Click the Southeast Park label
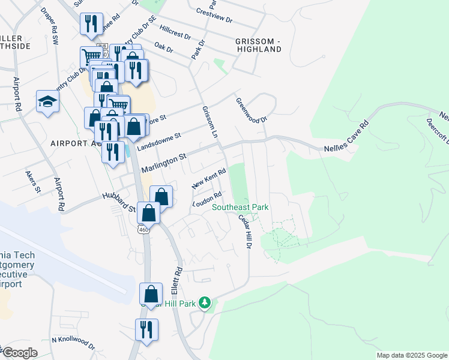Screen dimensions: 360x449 pos(240,208)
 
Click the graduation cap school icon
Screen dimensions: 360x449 pos(47,101)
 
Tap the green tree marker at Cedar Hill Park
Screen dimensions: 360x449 pos(205,303)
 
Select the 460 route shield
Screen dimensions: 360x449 pos(143,230)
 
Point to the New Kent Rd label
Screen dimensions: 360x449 pos(208,178)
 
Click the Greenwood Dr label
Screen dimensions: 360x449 pos(251,110)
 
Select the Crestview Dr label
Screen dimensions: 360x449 pos(215,15)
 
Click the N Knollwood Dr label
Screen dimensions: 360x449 pos(73,342)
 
